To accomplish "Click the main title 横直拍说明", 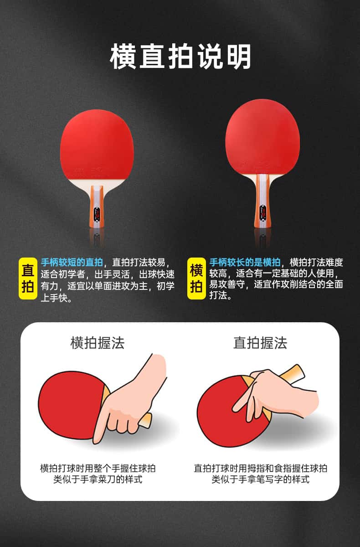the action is click(x=180, y=57).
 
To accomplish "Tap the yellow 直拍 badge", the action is click(x=28, y=279).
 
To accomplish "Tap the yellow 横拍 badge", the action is click(x=196, y=279).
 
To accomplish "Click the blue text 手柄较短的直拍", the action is click(x=72, y=263).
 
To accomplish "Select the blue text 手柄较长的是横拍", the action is click(x=245, y=263).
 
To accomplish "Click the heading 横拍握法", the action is click(x=98, y=343).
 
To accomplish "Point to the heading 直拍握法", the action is click(x=260, y=343).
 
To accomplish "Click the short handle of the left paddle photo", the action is click(x=97, y=206).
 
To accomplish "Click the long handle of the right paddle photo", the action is click(x=262, y=201).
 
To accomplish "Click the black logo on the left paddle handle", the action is click(x=97, y=215).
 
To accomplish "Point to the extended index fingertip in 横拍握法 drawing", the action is click(x=96, y=441).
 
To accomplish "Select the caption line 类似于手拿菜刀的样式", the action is click(x=98, y=480).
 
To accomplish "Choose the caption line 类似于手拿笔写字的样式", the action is click(x=260, y=480).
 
